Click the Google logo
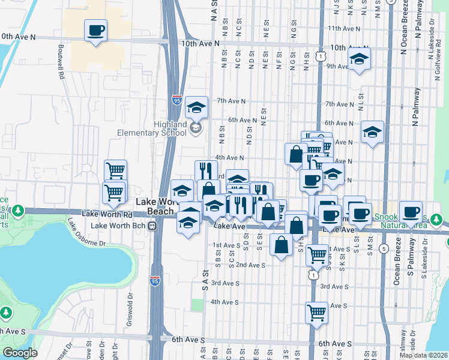tap(20, 353)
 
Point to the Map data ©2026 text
tap(424, 355)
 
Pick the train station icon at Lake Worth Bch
tap(152, 226)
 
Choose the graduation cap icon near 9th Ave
tap(359, 59)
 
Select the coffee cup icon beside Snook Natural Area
tap(411, 211)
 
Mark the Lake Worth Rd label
tap(107, 214)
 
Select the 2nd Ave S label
tap(250, 265)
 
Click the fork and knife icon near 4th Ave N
tap(206, 170)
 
